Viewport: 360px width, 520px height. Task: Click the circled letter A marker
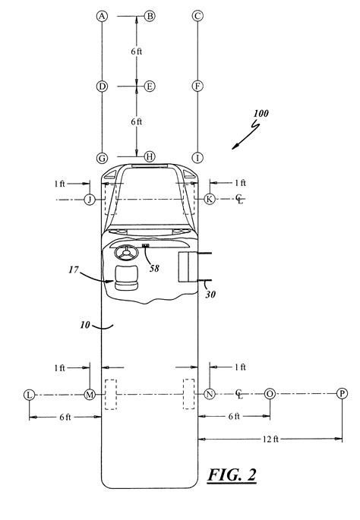[102, 15]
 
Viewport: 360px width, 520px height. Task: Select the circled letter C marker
[197, 15]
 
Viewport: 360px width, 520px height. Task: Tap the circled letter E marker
[150, 87]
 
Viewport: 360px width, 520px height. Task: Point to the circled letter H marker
[150, 157]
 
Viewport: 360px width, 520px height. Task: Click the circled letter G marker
[102, 158]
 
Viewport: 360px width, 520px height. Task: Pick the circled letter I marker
[197, 158]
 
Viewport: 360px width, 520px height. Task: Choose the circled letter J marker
[90, 199]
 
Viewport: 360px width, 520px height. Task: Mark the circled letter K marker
[210, 199]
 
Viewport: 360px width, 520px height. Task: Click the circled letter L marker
[29, 394]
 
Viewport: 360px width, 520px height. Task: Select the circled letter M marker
[90, 394]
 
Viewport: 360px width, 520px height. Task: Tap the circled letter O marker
[270, 394]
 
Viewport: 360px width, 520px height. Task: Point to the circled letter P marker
[342, 394]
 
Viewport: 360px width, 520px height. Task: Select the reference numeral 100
[261, 115]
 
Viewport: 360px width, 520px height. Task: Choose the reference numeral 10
[86, 325]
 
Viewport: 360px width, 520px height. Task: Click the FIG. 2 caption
[231, 476]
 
